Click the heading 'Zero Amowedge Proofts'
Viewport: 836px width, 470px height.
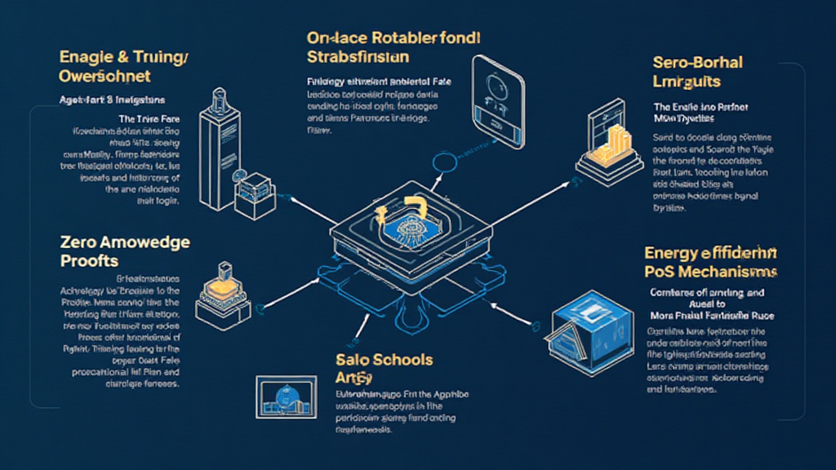125,251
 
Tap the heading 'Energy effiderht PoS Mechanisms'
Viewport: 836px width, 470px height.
711,263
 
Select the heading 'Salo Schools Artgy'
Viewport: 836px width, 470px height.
384,368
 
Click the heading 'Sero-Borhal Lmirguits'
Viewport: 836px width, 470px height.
699,72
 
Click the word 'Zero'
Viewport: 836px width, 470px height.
79,242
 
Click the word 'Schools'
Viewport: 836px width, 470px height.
401,360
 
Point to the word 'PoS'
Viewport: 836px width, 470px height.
662,272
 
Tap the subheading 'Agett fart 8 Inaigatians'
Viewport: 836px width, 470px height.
112,100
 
